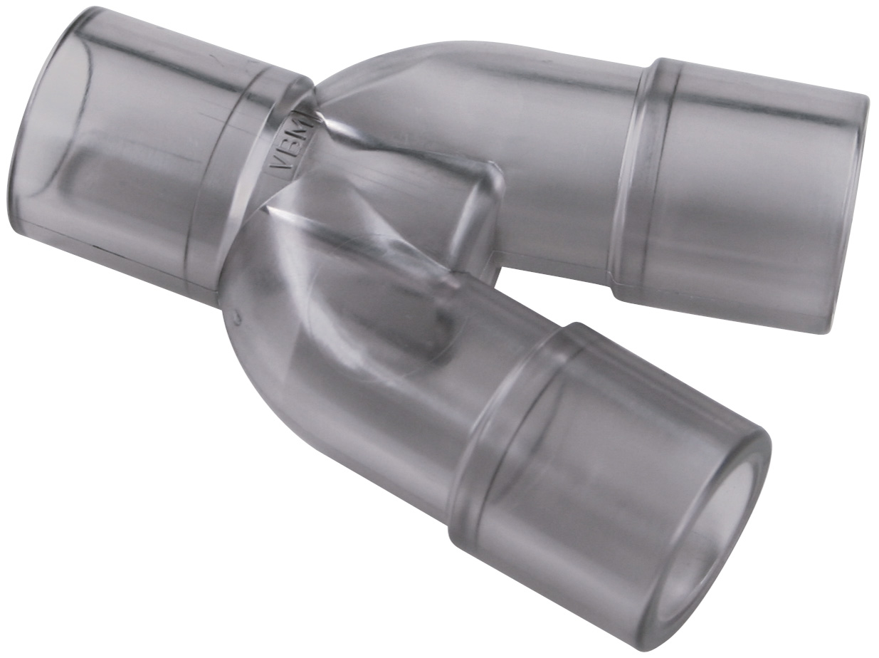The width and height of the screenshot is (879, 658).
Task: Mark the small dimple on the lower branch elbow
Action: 238,319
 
